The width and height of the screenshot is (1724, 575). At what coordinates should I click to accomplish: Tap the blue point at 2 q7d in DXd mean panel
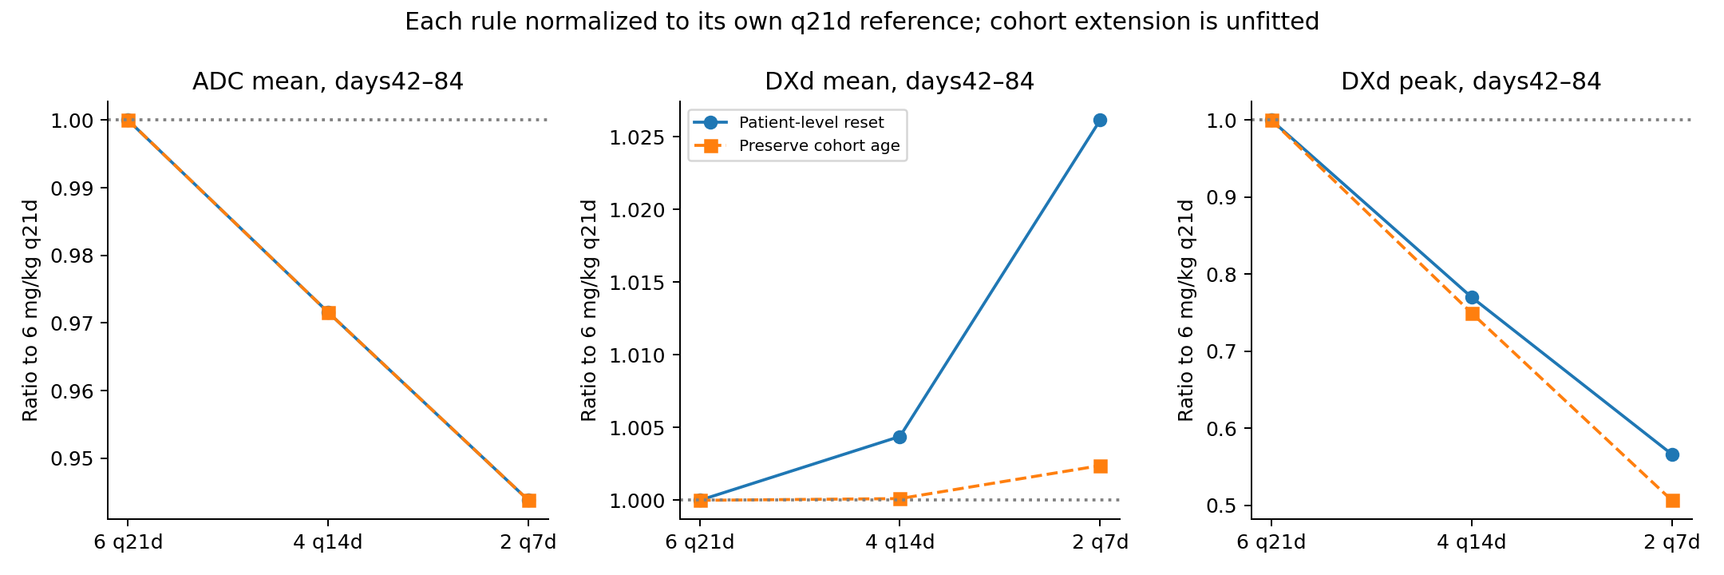point(1100,120)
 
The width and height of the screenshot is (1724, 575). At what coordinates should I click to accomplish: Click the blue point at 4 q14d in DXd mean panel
point(900,437)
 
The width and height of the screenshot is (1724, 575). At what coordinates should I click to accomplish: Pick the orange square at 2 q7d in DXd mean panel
point(1100,466)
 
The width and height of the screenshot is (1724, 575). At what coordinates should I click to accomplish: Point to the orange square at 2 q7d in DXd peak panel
point(1672,501)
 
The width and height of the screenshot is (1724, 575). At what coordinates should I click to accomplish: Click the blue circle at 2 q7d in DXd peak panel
point(1672,454)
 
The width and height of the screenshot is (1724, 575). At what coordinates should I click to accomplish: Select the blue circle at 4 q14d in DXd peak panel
point(1472,297)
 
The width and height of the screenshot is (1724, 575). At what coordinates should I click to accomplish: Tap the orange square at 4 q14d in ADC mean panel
point(328,312)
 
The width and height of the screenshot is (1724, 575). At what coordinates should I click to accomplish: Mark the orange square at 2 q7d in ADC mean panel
point(528,501)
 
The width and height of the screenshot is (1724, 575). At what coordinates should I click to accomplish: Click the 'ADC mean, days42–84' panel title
point(328,81)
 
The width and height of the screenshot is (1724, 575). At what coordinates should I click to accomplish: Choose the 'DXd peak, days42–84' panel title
point(1471,81)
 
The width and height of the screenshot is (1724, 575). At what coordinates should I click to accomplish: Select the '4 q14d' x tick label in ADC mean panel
point(328,542)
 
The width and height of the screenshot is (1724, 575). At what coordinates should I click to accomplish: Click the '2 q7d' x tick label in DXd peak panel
point(1672,542)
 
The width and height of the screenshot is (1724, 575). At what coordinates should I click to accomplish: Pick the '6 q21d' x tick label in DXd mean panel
point(700,542)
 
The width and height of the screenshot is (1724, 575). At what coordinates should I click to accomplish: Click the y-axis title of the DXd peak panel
point(1186,310)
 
